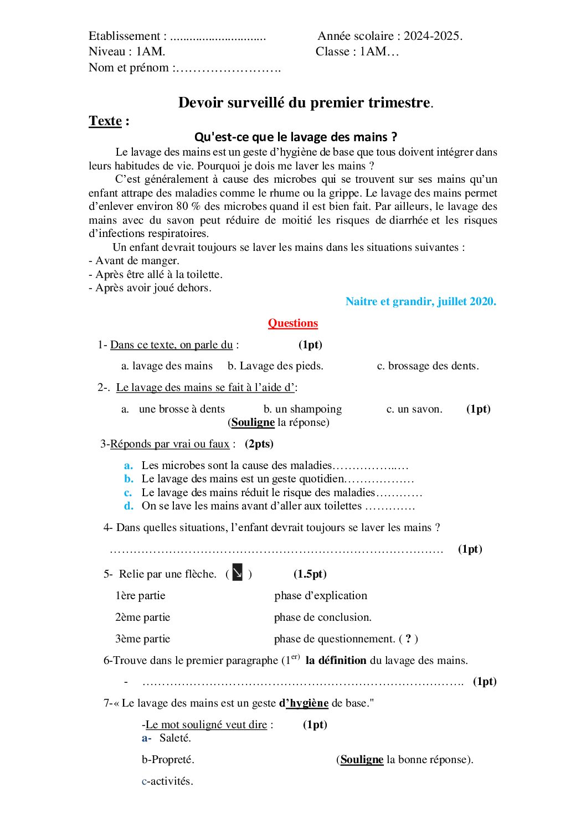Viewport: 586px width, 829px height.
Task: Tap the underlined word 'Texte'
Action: tap(105, 121)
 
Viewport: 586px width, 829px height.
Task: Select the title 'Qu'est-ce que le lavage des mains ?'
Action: tap(296, 137)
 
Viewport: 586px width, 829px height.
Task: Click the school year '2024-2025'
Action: tap(432, 36)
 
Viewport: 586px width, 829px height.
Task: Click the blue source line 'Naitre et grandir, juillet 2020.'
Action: tap(420, 301)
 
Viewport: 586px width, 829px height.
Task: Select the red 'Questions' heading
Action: tap(293, 323)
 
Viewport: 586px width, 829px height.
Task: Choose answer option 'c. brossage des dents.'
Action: tap(428, 365)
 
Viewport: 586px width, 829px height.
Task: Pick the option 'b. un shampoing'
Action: tap(302, 409)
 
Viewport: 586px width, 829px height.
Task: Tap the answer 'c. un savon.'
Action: tap(414, 409)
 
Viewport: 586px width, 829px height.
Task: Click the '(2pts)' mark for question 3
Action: tap(259, 444)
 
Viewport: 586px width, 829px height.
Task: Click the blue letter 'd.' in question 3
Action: tap(128, 506)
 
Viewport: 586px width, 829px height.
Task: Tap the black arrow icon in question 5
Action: tap(238, 573)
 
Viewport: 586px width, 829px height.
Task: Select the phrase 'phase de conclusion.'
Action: tap(322, 617)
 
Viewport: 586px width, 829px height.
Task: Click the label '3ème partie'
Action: tap(142, 639)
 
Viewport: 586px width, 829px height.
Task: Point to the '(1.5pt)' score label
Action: tap(310, 574)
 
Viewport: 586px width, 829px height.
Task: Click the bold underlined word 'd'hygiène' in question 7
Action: tap(304, 703)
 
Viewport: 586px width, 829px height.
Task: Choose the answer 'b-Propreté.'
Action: tap(168, 759)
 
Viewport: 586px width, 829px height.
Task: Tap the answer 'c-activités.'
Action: tap(167, 781)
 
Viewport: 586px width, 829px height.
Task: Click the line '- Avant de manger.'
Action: tap(134, 260)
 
